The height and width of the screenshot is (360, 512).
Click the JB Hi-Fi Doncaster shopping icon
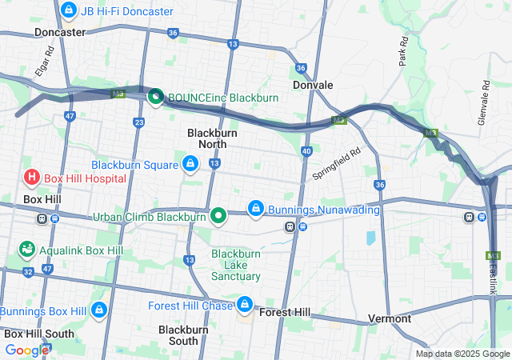tap(69, 11)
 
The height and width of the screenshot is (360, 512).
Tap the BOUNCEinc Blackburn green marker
tap(155, 98)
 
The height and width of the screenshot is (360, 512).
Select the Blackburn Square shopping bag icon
tap(190, 165)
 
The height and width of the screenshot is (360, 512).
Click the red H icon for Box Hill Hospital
tap(32, 178)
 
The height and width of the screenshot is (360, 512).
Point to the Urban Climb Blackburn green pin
tap(218, 216)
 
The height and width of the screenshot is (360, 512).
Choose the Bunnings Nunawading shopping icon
tap(255, 210)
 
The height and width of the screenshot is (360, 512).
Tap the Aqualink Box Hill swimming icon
tap(26, 250)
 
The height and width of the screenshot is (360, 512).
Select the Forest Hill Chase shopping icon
tap(245, 306)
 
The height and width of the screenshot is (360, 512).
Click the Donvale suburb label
tap(312, 84)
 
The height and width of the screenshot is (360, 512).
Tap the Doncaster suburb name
tap(60, 33)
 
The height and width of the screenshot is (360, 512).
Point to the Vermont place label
tap(390, 318)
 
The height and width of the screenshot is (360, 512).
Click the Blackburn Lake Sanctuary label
tap(236, 265)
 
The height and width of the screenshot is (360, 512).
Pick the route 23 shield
tap(139, 122)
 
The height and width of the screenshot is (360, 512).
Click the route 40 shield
tap(306, 150)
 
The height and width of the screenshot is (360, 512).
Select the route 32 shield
tap(29, 272)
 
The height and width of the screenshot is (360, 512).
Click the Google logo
tap(26, 350)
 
